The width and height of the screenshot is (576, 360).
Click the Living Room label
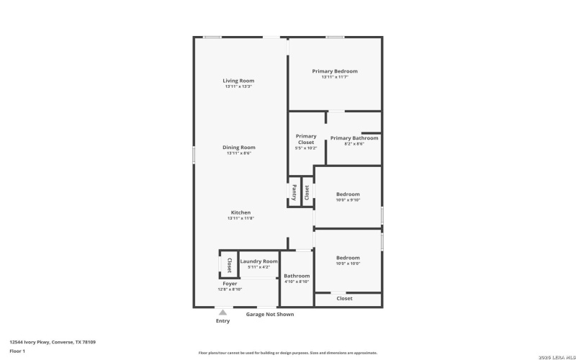(x=238, y=81)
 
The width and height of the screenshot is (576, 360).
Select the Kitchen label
(x=240, y=212)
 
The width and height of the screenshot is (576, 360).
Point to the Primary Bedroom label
(x=335, y=71)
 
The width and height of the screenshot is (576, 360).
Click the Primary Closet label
(x=306, y=139)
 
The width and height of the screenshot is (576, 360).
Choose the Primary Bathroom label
(x=354, y=138)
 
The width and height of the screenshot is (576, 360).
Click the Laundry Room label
(x=258, y=261)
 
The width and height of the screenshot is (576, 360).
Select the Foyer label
(x=230, y=284)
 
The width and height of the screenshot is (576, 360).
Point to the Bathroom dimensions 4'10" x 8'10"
(x=297, y=282)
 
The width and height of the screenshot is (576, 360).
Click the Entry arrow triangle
(x=223, y=312)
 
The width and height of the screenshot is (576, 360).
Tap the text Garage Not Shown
(x=270, y=314)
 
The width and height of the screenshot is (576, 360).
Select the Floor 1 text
(x=17, y=351)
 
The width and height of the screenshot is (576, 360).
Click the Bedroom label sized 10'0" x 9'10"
(x=348, y=194)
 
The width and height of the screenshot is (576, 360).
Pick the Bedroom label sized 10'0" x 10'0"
(x=348, y=258)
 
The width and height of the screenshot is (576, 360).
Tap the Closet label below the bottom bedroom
(x=345, y=298)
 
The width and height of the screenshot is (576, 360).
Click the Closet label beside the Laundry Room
(x=229, y=264)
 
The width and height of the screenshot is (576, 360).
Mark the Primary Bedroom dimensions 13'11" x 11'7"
(x=335, y=77)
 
